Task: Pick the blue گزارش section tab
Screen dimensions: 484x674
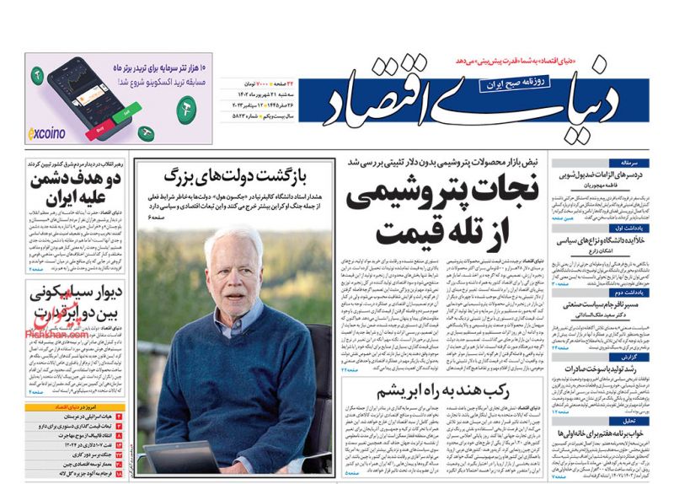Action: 612,355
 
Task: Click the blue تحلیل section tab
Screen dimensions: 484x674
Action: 612,420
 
